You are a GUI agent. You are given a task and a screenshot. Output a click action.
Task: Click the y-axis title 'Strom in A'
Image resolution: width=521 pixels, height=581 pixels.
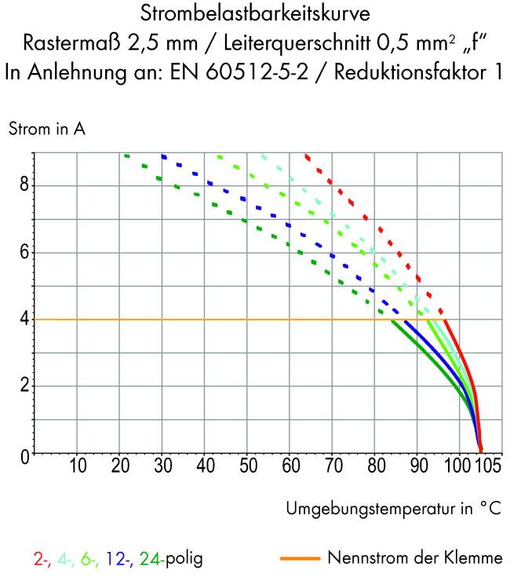[46, 130]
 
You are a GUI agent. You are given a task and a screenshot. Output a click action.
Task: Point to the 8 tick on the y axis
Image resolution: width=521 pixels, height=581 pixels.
[25, 186]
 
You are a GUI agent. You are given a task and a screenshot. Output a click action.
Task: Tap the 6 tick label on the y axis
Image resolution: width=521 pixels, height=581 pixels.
[25, 253]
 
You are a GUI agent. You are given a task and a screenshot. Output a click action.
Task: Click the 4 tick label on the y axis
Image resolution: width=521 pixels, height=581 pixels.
[25, 320]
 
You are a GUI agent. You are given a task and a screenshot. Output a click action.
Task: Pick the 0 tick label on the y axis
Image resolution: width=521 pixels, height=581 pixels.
[25, 454]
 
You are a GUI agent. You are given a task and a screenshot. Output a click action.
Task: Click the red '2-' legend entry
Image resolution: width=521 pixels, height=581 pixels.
[42, 560]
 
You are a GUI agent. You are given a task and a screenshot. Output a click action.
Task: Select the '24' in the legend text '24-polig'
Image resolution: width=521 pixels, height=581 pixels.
[148, 560]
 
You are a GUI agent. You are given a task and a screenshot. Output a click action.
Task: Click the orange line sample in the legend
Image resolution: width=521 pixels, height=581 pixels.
[300, 559]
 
